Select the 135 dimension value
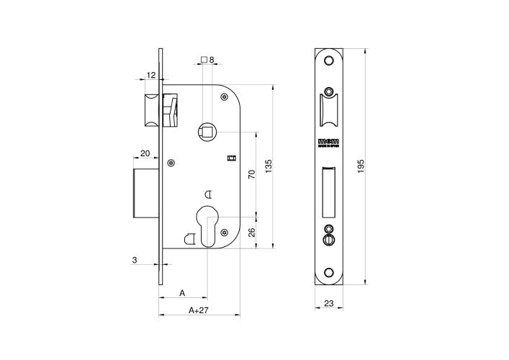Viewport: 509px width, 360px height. pos(269,166)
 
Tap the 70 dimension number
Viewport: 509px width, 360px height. pos(252,174)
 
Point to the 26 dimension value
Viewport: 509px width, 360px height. pos(252,232)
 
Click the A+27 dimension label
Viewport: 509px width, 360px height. pos(199,310)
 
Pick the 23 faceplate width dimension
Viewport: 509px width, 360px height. pos(328,304)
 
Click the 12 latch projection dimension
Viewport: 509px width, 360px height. pos(150,75)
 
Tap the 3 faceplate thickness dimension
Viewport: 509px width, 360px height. pos(135,260)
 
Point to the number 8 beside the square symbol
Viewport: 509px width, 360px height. pos(212,60)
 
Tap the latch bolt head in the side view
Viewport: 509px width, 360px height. pos(151,109)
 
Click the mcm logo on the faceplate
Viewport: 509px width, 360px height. pos(328,141)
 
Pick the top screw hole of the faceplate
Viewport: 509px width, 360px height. pos(328,60)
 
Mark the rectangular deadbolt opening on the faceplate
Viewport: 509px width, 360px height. pos(328,191)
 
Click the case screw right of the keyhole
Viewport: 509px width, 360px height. pos(225,232)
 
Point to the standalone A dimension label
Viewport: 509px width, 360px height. pos(182,293)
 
